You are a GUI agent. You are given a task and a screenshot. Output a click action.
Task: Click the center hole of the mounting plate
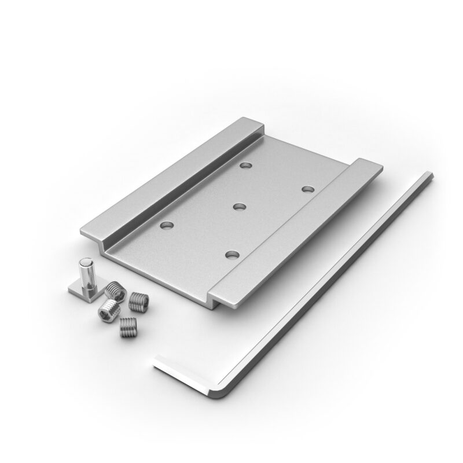tap(240, 205)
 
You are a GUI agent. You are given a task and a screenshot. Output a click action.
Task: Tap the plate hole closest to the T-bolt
tap(167, 223)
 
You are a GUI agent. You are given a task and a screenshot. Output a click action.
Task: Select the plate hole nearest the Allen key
tap(307, 189)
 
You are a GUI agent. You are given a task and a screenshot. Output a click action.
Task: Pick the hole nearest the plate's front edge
tap(232, 255)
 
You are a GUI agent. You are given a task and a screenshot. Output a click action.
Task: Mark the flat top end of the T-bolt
tap(84, 264)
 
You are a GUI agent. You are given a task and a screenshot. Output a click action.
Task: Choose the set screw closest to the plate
tap(138, 300)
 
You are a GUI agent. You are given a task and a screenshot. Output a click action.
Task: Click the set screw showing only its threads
tap(128, 328)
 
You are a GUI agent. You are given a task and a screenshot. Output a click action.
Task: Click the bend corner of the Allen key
tap(223, 391)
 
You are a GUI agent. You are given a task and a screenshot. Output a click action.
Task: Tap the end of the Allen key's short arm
tap(155, 362)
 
